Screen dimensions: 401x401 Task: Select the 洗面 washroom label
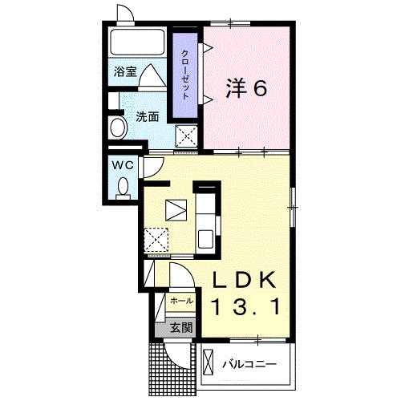(x=146, y=116)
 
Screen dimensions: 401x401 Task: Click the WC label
(x=122, y=164)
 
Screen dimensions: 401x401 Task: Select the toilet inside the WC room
(x=123, y=187)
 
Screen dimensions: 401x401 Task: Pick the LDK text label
(x=245, y=279)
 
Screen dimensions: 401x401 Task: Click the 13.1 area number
(x=245, y=306)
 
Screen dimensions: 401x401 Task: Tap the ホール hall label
(x=181, y=300)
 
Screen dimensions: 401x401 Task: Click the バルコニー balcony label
(x=249, y=365)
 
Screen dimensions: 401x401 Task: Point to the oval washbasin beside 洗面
(x=117, y=128)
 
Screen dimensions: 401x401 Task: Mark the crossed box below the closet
(x=187, y=136)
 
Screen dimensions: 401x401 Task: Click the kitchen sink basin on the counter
(x=205, y=238)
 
